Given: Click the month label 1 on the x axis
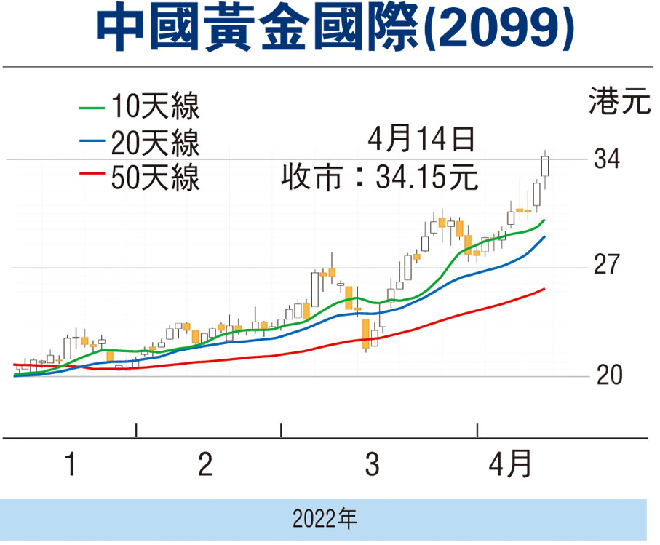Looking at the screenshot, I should (71, 464).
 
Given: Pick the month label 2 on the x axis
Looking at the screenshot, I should (206, 464).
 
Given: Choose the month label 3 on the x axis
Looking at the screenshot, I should (372, 464).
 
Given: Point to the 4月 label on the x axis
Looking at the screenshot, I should (509, 464).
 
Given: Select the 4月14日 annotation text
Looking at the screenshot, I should (421, 138).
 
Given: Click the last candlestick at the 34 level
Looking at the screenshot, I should (545, 166).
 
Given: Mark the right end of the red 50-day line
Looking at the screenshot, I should (544, 290).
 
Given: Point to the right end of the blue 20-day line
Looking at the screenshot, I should (544, 237).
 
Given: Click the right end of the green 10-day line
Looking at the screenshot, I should (544, 220).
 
